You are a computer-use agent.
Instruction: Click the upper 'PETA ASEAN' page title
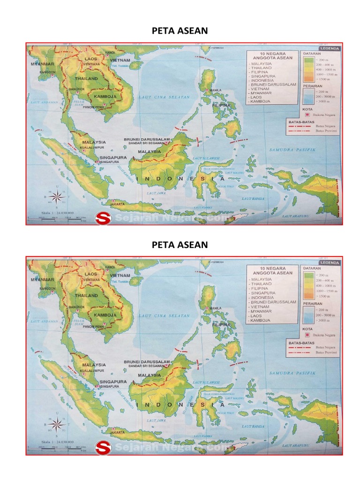[x=180, y=31]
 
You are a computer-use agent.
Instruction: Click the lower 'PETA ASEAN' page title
[x=180, y=245]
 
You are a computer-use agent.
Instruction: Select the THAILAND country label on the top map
[x=85, y=79]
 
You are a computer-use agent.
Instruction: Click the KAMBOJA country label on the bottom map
[x=105, y=315]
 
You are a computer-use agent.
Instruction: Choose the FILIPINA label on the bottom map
[x=222, y=324]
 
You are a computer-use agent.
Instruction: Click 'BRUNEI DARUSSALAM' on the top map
[x=146, y=139]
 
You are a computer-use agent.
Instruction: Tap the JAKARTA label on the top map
[x=117, y=204]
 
